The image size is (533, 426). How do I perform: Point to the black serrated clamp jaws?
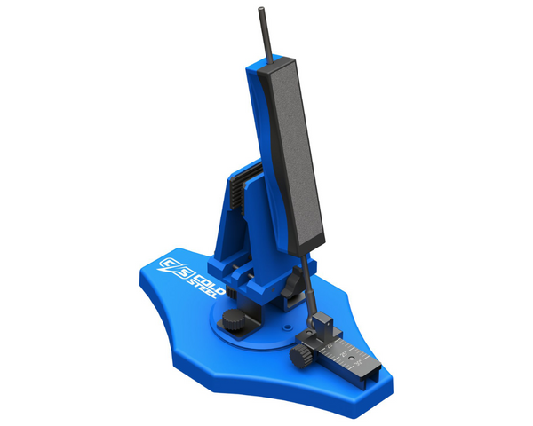point(235,191)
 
